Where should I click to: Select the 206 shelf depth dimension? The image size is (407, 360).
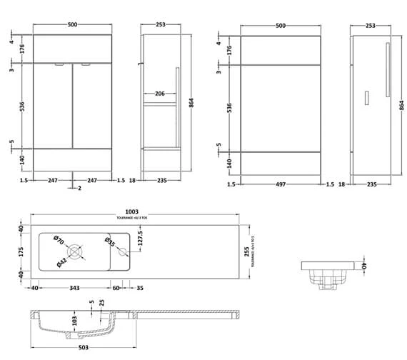(x=160, y=94)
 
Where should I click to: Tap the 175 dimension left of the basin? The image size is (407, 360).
(x=21, y=251)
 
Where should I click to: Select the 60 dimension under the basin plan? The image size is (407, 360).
(x=116, y=289)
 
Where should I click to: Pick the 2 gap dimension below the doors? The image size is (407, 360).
(x=79, y=188)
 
